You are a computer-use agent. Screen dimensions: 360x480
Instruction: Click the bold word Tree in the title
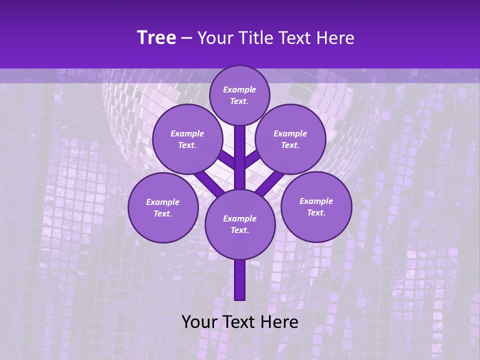tap(156, 38)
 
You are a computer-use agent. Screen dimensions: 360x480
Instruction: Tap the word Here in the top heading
tap(335, 38)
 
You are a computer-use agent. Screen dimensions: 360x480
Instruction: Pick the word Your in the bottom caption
tap(198, 322)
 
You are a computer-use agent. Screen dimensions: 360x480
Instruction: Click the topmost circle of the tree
tap(239, 95)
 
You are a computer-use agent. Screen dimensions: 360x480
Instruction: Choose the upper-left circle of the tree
tap(187, 139)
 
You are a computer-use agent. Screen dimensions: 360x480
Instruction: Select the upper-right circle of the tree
tap(290, 139)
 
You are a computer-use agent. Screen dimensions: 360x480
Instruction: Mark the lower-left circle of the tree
tap(163, 207)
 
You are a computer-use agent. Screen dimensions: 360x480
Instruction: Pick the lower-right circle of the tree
tap(316, 206)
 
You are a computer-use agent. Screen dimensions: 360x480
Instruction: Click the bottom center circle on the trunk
tap(240, 224)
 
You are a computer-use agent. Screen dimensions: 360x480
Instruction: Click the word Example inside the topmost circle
tap(239, 89)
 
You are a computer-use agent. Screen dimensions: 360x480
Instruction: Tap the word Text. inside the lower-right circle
tap(316, 212)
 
